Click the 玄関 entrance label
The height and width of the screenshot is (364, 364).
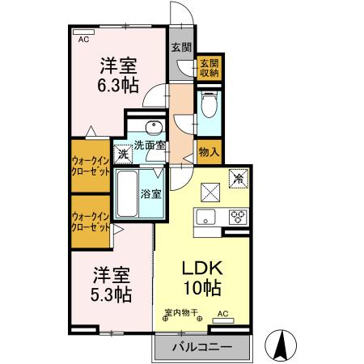(180, 47)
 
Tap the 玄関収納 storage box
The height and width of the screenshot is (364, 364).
(209, 68)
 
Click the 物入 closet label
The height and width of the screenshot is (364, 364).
(209, 151)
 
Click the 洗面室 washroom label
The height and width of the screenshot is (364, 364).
(150, 146)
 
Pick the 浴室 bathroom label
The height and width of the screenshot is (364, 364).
(151, 193)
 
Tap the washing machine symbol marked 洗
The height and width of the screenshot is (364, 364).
(122, 153)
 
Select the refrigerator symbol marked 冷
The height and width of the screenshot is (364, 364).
(238, 176)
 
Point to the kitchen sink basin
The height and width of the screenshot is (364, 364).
(204, 216)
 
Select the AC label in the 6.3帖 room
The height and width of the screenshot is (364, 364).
(83, 38)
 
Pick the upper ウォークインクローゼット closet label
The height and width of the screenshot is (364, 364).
(90, 167)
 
